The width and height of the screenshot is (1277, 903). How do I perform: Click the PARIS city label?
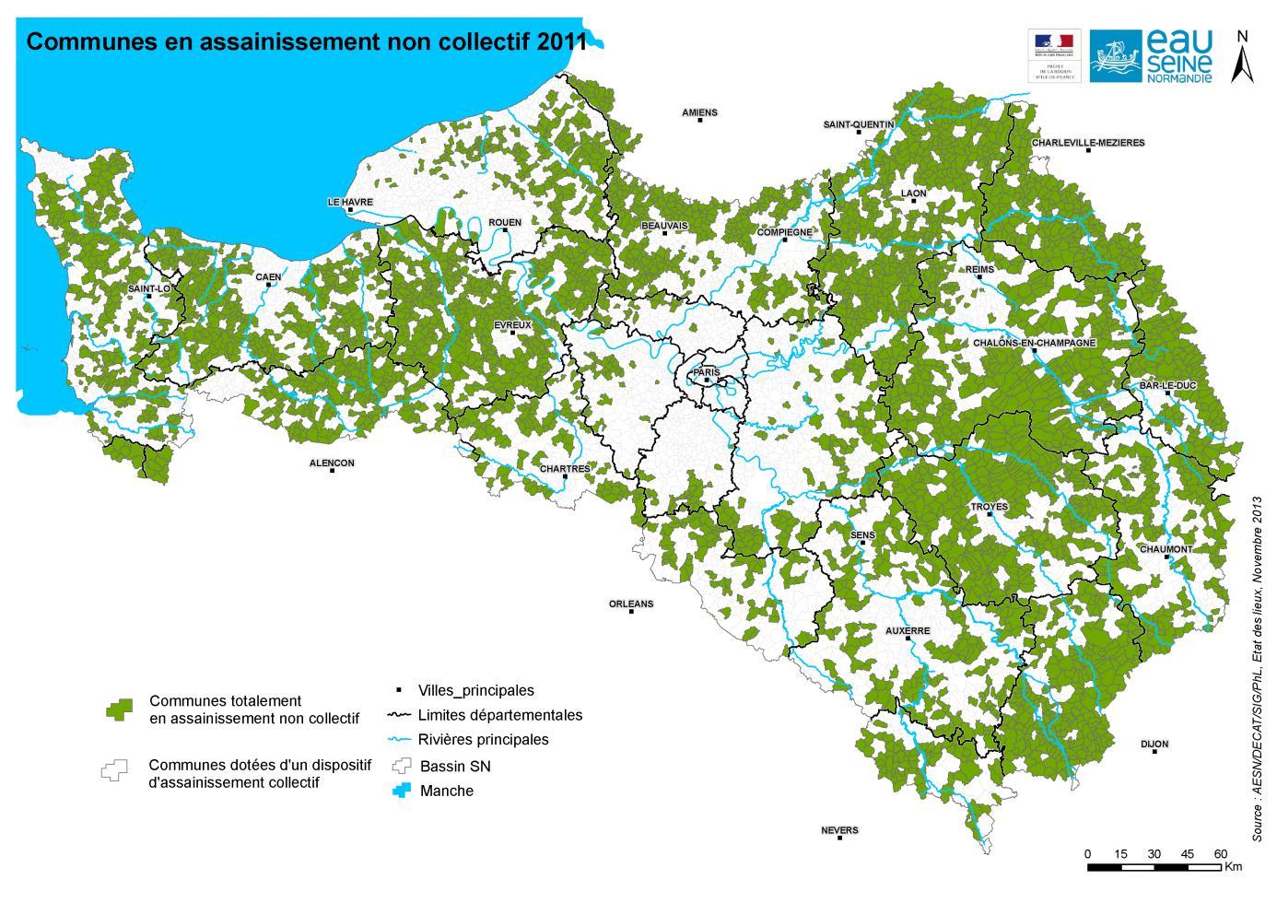click(x=706, y=371)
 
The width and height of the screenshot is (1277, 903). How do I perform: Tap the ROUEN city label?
click(x=505, y=222)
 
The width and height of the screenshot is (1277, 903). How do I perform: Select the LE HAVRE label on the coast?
click(x=350, y=201)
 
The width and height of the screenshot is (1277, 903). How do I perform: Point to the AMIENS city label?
click(x=699, y=112)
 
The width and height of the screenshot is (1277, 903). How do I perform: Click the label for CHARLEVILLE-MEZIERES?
click(x=1087, y=143)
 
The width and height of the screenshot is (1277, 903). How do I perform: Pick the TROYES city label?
click(x=989, y=507)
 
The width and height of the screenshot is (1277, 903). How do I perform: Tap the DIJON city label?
click(x=1154, y=744)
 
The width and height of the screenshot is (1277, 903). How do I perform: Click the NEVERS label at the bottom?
click(x=838, y=830)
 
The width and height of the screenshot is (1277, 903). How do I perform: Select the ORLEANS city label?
click(x=630, y=604)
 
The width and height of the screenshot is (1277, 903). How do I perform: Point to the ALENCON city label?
click(x=332, y=463)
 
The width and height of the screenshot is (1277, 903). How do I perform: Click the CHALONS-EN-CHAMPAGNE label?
click(x=1034, y=343)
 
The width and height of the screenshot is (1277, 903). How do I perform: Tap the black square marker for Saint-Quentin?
click(x=859, y=133)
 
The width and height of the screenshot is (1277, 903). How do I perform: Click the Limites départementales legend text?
click(x=499, y=715)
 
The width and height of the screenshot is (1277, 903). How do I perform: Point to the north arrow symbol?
click(x=1242, y=60)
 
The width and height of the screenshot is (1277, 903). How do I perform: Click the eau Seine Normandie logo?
click(x=1152, y=55)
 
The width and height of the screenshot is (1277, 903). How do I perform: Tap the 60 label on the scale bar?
click(x=1220, y=853)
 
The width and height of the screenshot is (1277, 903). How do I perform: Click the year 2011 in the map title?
click(x=562, y=41)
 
